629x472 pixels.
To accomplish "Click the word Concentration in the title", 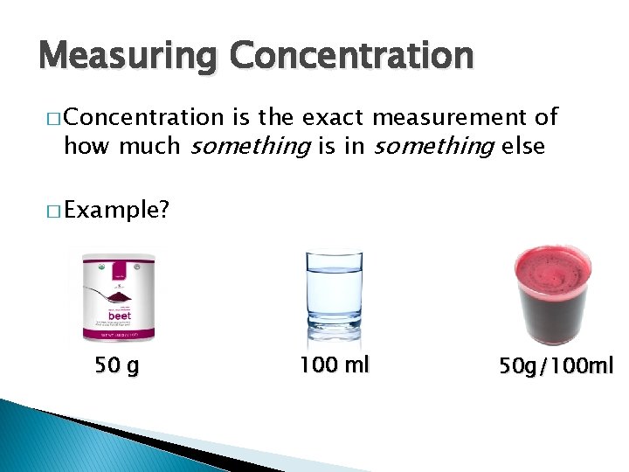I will click(x=351, y=55).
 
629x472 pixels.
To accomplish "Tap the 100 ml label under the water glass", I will click(x=335, y=364).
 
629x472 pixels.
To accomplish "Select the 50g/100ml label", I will click(x=556, y=365).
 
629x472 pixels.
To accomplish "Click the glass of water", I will click(x=335, y=298).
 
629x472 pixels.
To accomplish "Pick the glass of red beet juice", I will click(x=553, y=295).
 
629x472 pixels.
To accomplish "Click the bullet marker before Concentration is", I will click(x=45, y=118).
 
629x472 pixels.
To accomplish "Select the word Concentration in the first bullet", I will click(x=143, y=117).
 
